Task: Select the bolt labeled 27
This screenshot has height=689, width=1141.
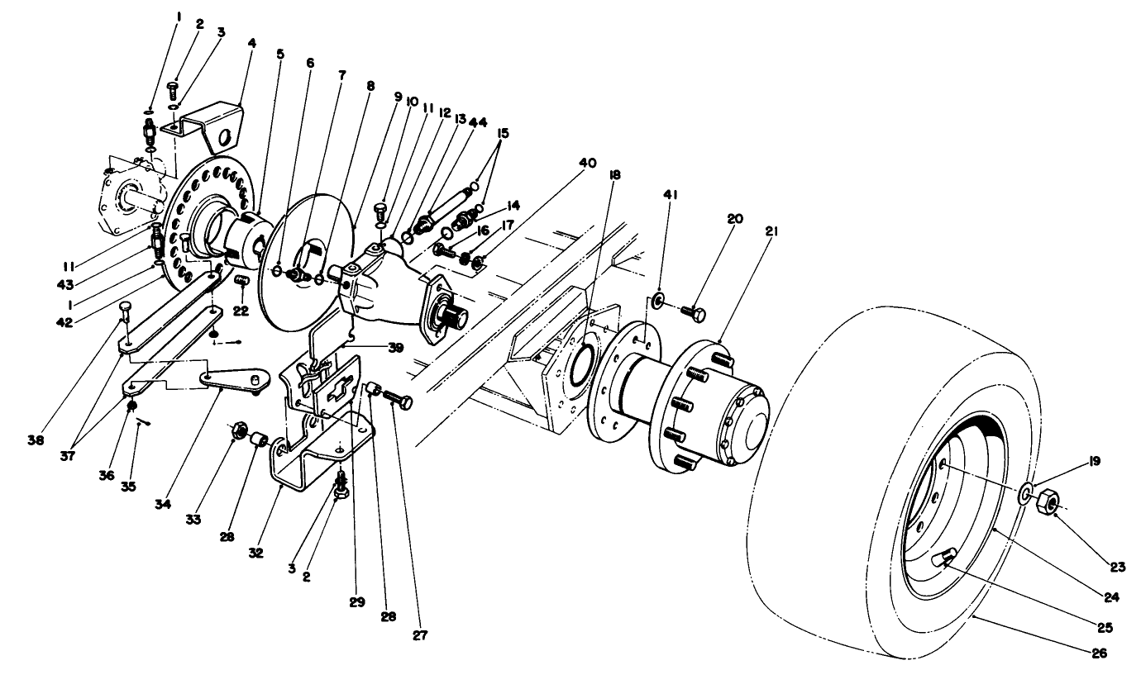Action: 399,401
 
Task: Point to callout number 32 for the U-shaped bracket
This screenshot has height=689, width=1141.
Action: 257,552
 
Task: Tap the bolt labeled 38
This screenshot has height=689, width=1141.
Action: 125,313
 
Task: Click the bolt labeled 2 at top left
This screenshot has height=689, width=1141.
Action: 174,88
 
